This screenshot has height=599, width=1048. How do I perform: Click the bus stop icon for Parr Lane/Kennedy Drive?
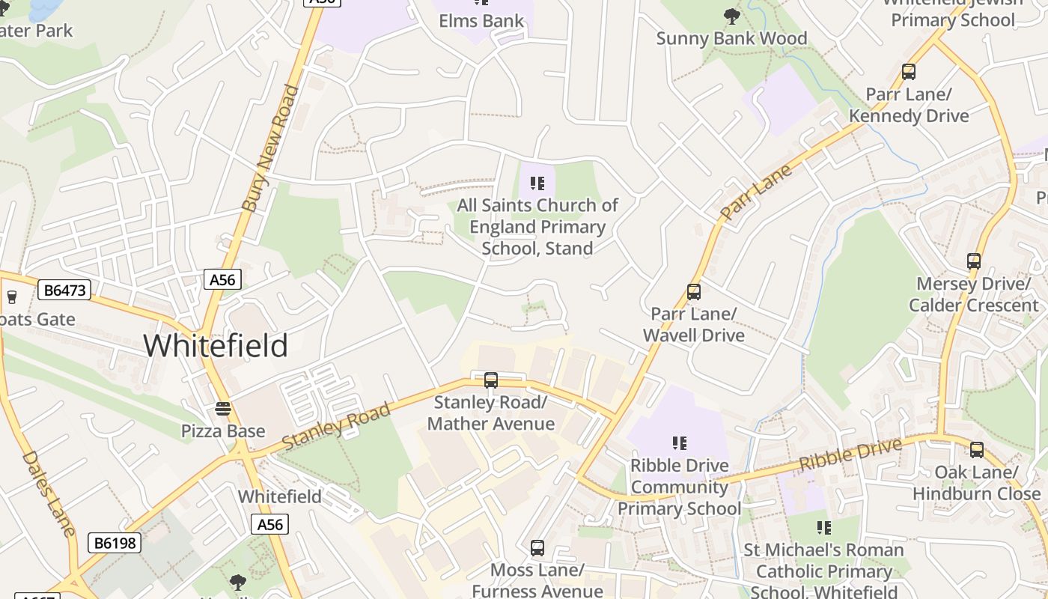pos(908,72)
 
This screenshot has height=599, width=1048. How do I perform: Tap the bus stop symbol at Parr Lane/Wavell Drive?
pos(694,292)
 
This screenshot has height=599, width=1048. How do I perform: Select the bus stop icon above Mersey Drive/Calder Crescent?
pos(973,261)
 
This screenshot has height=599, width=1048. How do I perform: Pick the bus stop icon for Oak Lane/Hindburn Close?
pos(977,450)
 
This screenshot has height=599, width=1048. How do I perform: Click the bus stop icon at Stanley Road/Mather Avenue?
pos(491,380)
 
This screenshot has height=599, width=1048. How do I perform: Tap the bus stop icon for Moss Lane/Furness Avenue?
pos(537,548)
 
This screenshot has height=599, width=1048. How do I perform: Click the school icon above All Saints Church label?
pos(537,183)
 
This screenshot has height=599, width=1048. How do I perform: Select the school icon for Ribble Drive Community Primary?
pos(679,443)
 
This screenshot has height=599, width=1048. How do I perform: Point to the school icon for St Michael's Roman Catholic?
pos(823,528)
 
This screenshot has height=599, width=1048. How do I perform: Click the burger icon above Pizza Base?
pos(222,409)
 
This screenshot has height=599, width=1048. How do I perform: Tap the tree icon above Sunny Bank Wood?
pos(731,16)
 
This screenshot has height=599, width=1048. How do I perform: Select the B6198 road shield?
pos(115,543)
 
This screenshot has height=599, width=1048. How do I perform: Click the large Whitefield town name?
pos(216,346)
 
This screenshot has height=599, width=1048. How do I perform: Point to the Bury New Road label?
pos(271,148)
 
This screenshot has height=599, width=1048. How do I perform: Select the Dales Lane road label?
pos(49,493)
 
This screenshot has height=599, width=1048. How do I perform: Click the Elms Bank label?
pos(481,21)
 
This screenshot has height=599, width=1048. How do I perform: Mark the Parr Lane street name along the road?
pos(755,193)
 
